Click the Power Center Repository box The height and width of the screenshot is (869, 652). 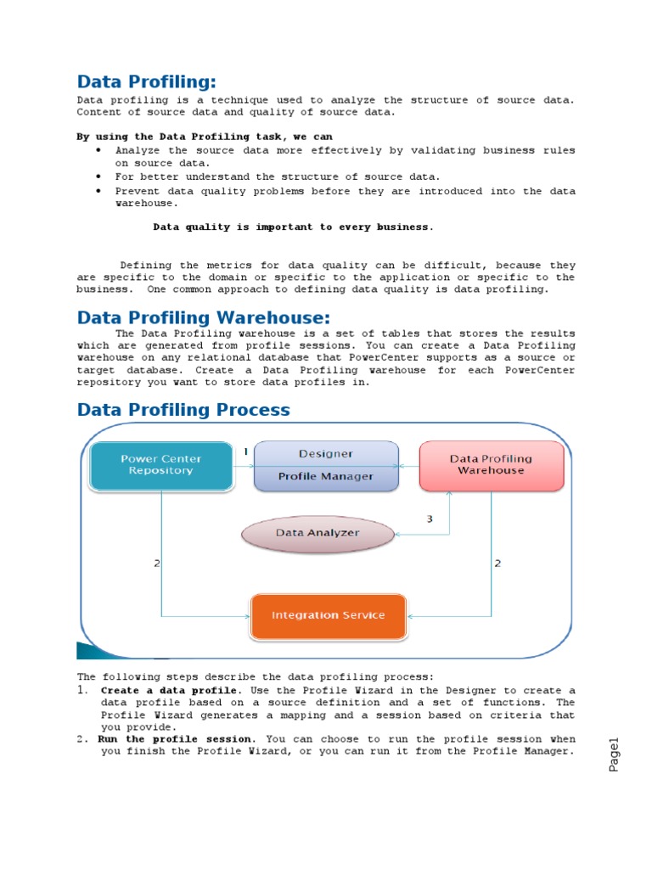pos(161,465)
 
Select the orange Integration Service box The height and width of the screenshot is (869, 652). pos(328,615)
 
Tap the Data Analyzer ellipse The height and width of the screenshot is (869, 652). pos(318,533)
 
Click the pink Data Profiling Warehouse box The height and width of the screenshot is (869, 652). pos(491,465)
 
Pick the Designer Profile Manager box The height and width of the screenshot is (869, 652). pos(326,465)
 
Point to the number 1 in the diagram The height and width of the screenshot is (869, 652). pos(245,452)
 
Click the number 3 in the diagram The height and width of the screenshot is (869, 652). pos(430,519)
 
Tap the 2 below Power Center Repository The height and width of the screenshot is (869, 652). pos(156,563)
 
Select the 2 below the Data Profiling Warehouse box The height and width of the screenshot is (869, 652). pos(497,563)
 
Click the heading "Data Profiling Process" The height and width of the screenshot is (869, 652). pos(183,410)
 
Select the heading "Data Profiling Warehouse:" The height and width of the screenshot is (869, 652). pos(203,318)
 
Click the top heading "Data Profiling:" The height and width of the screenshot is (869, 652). pos(146,81)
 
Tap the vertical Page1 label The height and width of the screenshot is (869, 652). pos(615,754)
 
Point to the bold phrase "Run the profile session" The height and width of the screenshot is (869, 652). pos(175,739)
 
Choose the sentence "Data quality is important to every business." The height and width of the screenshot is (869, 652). pos(293,227)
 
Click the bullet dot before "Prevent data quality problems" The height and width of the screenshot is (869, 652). pos(98,191)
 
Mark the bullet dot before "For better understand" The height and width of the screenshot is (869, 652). pos(98,177)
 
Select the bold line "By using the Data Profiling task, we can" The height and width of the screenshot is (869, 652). pos(205,137)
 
